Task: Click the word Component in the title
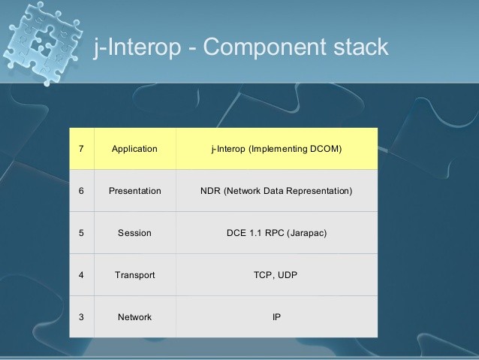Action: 264,47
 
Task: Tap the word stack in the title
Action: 361,47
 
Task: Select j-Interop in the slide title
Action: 137,47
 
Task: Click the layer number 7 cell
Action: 82,149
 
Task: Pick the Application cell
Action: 134,149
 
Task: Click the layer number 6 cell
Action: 82,191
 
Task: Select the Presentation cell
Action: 134,191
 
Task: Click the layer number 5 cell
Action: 82,233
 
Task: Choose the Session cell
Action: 134,233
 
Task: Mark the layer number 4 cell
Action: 82,275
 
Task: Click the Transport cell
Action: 134,275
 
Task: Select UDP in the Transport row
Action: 287,275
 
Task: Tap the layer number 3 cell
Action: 82,317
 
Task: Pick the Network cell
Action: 134,317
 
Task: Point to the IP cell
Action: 277,317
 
